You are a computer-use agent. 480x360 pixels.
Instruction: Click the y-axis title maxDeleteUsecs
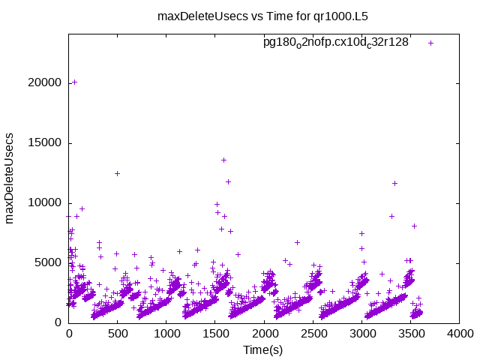pyautogui.click(x=10, y=180)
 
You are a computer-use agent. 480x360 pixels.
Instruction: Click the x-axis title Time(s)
pyautogui.click(x=262, y=349)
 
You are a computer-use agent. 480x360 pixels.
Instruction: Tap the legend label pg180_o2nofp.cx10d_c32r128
pyautogui.click(x=335, y=43)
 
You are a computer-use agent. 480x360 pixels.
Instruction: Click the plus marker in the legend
pyautogui.click(x=430, y=43)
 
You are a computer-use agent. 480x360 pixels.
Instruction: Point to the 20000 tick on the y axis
pyautogui.click(x=44, y=82)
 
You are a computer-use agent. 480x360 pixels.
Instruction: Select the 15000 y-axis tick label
pyautogui.click(x=44, y=142)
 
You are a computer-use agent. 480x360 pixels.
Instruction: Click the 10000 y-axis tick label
pyautogui.click(x=44, y=202)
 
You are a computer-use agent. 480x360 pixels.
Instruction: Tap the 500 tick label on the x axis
pyautogui.click(x=117, y=334)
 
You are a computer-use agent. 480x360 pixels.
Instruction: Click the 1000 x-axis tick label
pyautogui.click(x=166, y=334)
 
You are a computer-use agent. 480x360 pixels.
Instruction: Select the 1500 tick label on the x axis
pyautogui.click(x=214, y=334)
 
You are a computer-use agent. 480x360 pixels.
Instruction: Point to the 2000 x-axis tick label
pyautogui.click(x=263, y=334)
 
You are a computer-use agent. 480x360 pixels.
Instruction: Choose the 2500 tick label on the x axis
pyautogui.click(x=312, y=334)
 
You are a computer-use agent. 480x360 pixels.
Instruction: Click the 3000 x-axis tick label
pyautogui.click(x=361, y=334)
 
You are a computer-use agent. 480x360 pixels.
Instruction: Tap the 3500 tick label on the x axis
pyautogui.click(x=409, y=334)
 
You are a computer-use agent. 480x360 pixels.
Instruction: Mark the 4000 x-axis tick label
pyautogui.click(x=458, y=334)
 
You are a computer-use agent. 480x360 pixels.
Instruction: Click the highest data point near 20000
pyautogui.click(x=74, y=82)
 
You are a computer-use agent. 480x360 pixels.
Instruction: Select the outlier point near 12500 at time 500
pyautogui.click(x=117, y=173)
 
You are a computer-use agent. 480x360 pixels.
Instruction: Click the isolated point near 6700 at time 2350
pyautogui.click(x=297, y=242)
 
